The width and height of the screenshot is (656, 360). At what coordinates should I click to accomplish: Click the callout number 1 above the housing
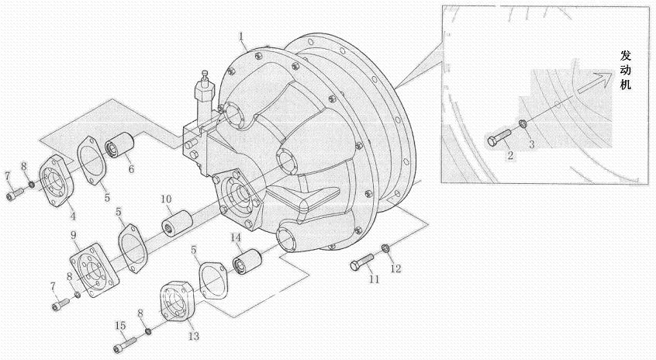241,36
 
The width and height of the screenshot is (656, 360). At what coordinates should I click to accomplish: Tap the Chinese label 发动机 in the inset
626,70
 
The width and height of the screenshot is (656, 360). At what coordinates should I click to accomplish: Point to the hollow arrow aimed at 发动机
595,82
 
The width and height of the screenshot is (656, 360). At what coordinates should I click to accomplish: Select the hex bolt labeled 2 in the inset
499,138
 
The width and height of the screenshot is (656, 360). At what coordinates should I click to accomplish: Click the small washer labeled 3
523,123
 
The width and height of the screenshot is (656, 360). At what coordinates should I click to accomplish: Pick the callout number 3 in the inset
531,144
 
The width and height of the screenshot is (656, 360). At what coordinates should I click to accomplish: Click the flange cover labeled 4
57,181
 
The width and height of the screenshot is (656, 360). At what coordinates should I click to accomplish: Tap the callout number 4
73,216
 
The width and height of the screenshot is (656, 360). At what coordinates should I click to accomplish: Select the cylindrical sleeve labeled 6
119,144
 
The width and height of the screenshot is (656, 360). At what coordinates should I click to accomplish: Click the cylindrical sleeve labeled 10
177,223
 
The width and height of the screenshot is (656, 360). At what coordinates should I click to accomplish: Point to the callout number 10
166,199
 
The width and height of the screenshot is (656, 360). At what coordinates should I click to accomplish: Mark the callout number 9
74,235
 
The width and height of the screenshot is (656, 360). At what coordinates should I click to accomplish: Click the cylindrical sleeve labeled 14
247,261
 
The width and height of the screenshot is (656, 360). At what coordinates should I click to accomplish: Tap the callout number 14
236,237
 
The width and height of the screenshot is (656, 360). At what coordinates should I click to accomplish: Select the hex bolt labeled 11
362,262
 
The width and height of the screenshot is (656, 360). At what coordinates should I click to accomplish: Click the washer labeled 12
385,250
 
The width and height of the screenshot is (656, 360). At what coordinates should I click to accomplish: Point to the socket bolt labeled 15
125,345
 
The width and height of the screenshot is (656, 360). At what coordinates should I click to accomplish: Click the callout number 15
120,325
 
